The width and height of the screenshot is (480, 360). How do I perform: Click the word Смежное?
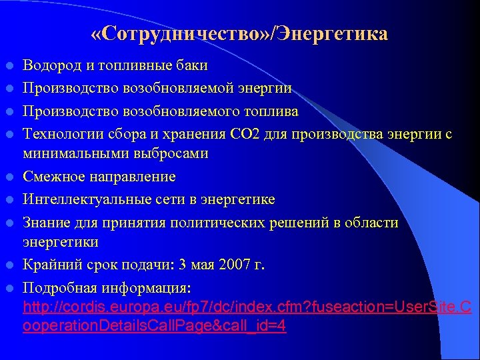pos(52,177)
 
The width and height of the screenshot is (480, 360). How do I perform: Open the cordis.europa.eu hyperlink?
pos(247,308)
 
